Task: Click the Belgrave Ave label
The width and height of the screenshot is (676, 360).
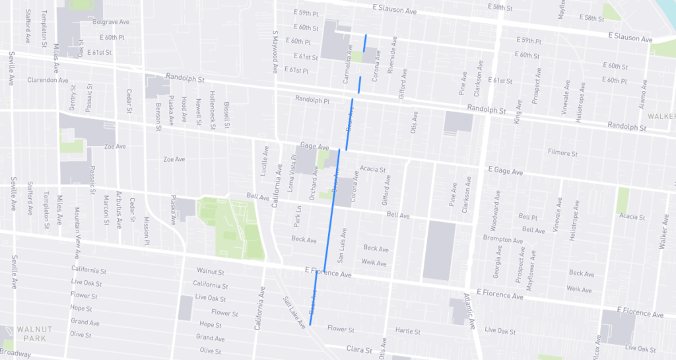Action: (x=110, y=22)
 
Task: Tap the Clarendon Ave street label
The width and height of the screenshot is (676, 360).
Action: (x=48, y=80)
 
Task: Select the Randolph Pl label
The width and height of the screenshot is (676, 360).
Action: (x=312, y=100)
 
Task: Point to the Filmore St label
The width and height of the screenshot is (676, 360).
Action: (x=562, y=153)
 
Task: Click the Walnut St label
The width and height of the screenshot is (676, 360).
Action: (x=211, y=271)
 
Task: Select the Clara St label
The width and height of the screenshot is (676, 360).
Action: (x=360, y=349)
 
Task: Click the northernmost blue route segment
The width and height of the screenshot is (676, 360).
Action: (x=364, y=42)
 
